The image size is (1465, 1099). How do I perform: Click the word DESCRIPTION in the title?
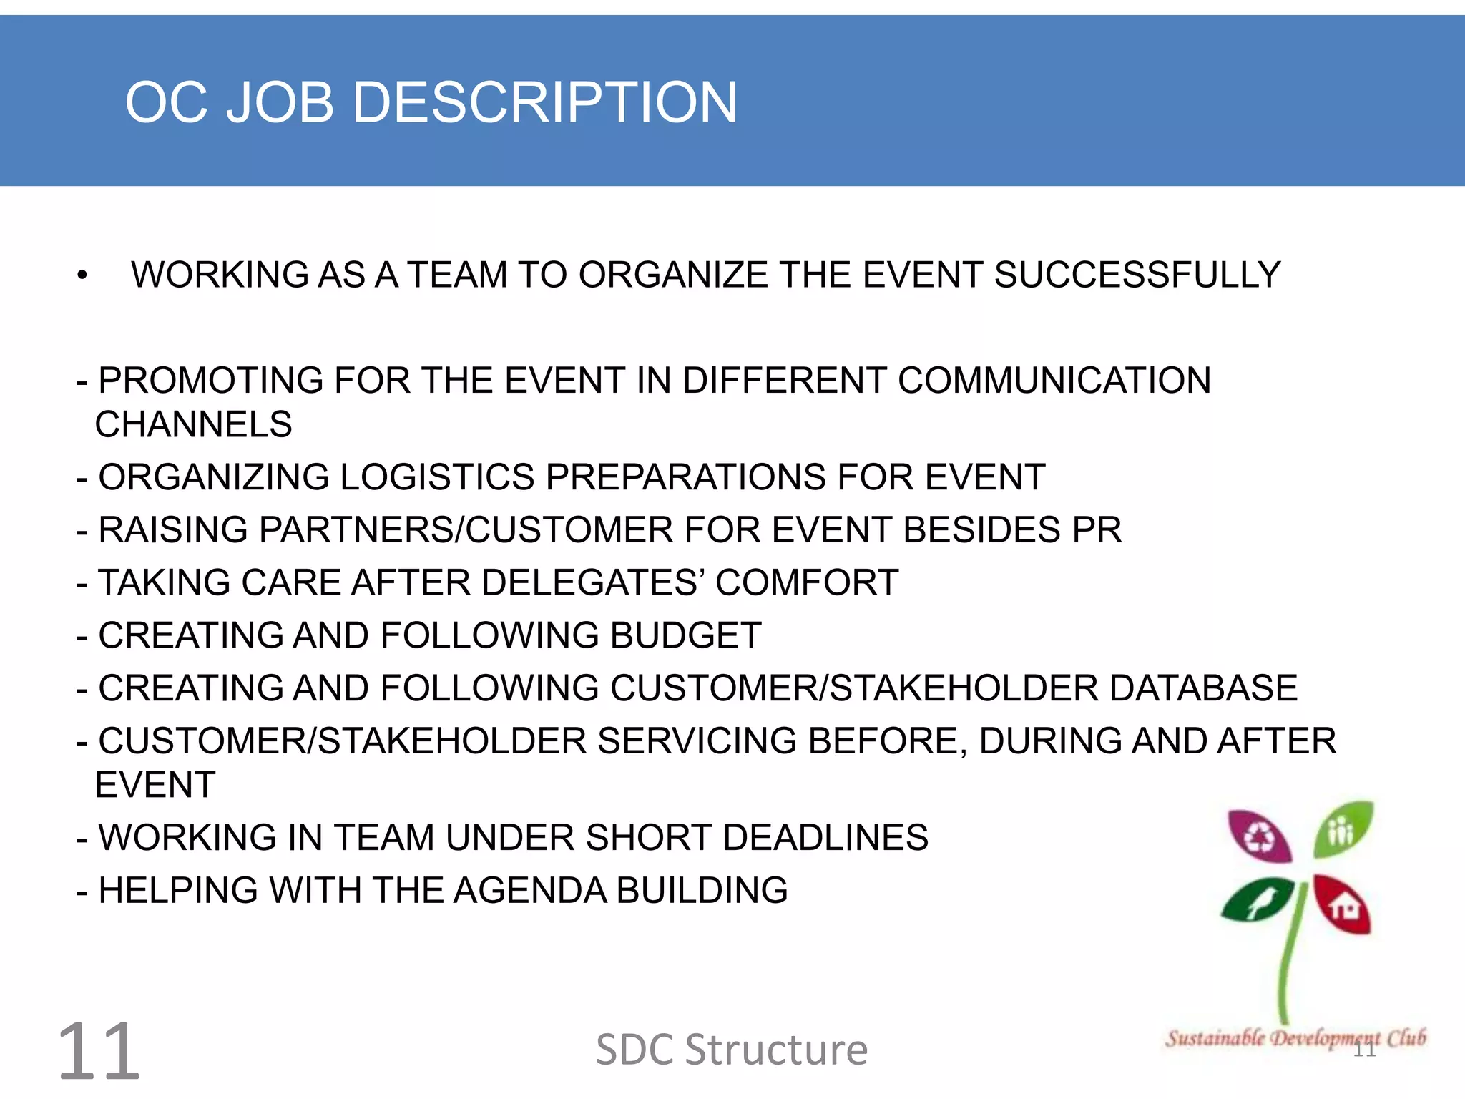[x=545, y=102]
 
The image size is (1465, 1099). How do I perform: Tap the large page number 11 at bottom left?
[x=99, y=1052]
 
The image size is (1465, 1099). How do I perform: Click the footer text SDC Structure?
[x=732, y=1050]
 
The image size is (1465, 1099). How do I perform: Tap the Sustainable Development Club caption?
[x=1295, y=1037]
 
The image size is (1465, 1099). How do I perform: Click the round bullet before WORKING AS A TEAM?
[x=82, y=275]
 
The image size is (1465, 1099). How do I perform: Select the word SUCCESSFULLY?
[x=1137, y=275]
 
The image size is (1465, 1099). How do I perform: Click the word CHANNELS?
[x=194, y=424]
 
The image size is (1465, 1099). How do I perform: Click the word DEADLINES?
[x=825, y=838]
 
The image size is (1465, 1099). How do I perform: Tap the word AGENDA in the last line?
[x=529, y=891]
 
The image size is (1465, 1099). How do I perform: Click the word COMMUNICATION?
[x=1054, y=381]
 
